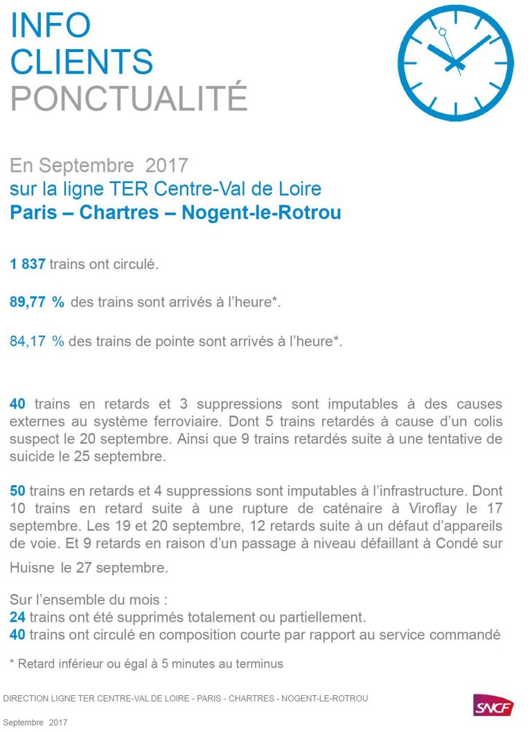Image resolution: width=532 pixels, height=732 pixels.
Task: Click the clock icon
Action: (x=455, y=62)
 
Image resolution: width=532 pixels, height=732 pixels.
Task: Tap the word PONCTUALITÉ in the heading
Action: (x=129, y=98)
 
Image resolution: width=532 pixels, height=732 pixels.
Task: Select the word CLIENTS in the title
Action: (x=82, y=62)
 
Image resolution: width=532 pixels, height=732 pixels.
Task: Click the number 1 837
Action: (x=28, y=264)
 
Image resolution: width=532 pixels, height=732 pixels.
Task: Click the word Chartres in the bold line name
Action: (x=119, y=212)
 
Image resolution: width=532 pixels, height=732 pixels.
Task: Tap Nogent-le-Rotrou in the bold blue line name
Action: (x=261, y=212)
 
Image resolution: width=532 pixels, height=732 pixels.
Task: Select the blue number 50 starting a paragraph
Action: (x=17, y=491)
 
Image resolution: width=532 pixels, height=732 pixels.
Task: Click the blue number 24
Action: (x=17, y=617)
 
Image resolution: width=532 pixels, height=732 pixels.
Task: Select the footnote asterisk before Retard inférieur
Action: (x=12, y=663)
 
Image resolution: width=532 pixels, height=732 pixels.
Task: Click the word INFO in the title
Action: (x=51, y=25)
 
